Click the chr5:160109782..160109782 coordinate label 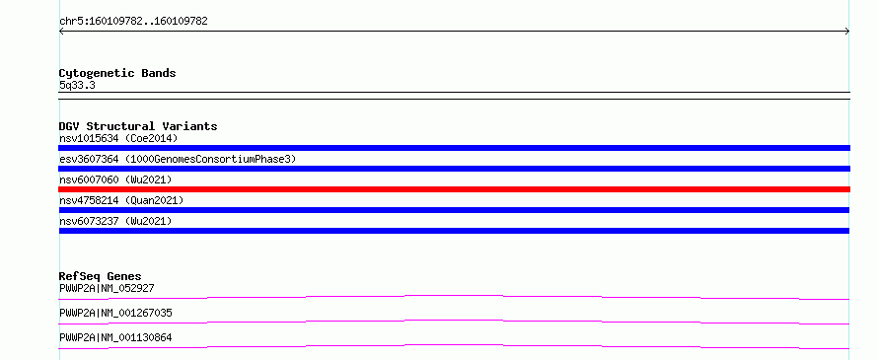(133, 22)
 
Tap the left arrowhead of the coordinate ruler (61, 32)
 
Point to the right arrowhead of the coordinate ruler (847, 32)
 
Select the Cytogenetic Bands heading (117, 73)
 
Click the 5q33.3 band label (77, 86)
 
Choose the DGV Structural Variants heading (138, 126)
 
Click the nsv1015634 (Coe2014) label (118, 138)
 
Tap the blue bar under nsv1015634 (454, 148)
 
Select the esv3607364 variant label (178, 160)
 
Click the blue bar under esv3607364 (454, 169)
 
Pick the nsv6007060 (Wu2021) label (115, 180)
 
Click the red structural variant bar (454, 189)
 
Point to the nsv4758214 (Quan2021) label (121, 200)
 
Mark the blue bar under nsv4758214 (454, 210)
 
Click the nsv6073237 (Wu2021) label (115, 221)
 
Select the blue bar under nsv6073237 (454, 231)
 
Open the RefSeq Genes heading (101, 276)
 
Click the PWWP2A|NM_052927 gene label (107, 288)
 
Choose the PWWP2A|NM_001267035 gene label (115, 313)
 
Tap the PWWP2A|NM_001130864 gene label (115, 337)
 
